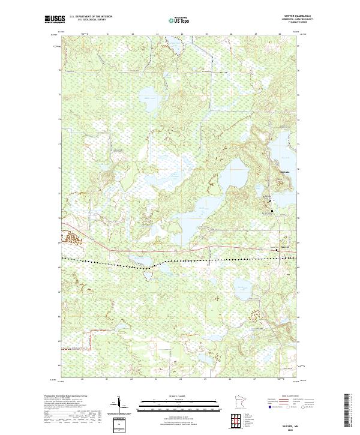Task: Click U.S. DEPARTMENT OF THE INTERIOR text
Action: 91,16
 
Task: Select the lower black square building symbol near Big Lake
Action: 271,210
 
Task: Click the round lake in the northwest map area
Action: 147,96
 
